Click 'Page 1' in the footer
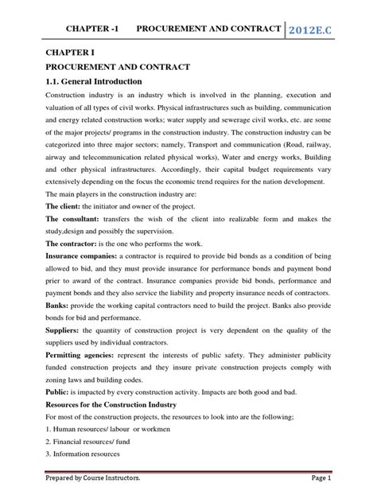pyautogui.click(x=335, y=489)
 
